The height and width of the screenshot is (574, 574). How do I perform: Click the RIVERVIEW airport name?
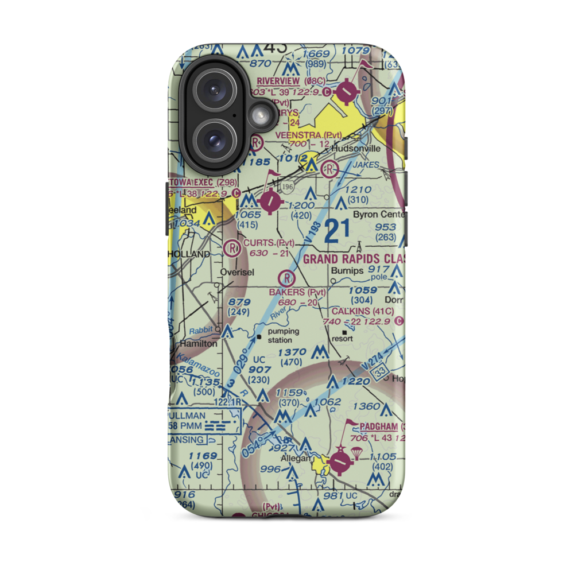pyautogui.click(x=278, y=81)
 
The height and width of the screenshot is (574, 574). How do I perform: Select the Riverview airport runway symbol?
pyautogui.click(x=347, y=90)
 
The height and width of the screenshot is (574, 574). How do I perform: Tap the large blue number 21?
pyautogui.click(x=337, y=231)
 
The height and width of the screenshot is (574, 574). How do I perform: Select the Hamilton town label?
pyautogui.click(x=199, y=344)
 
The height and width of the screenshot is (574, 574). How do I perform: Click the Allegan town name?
pyautogui.click(x=295, y=459)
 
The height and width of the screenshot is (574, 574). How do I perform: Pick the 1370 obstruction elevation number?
pyautogui.click(x=293, y=352)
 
